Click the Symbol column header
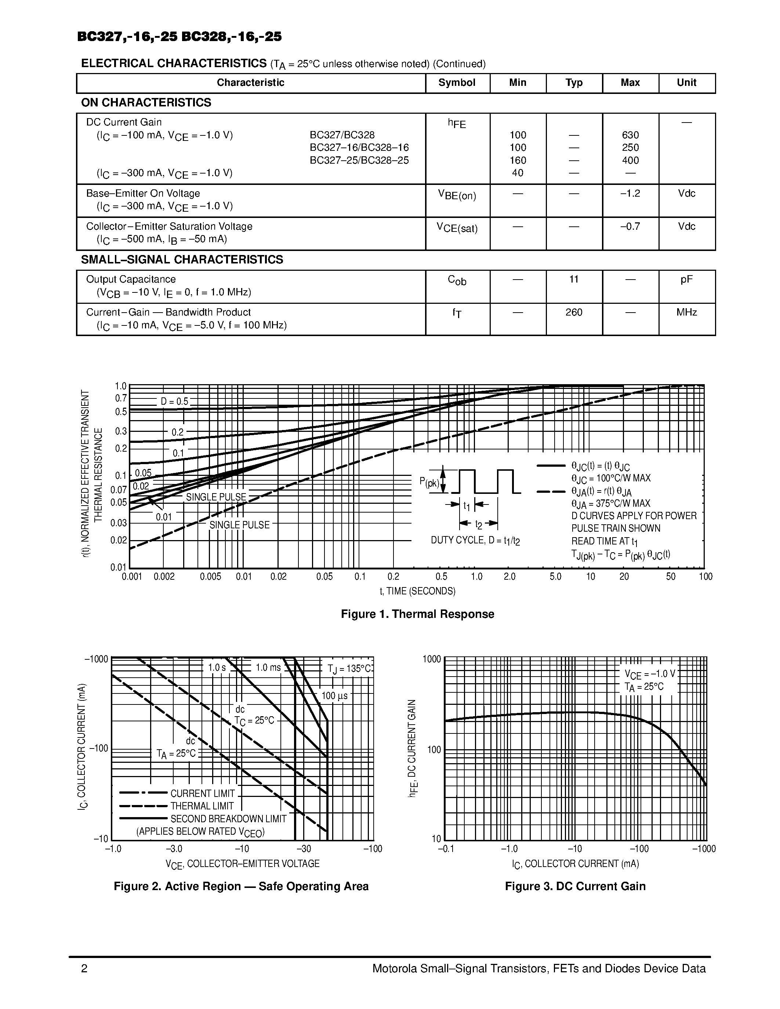[457, 83]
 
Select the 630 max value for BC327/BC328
[630, 135]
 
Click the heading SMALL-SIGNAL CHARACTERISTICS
[182, 260]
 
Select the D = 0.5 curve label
[174, 401]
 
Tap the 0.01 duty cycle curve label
[164, 517]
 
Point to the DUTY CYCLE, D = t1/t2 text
[475, 540]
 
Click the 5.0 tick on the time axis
[555, 576]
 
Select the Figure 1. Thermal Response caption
[417, 614]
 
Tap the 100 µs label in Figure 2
[334, 696]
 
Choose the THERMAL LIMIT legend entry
[202, 806]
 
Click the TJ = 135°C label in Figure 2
[349, 669]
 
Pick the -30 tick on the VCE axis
[304, 849]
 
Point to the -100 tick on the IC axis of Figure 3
[639, 849]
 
